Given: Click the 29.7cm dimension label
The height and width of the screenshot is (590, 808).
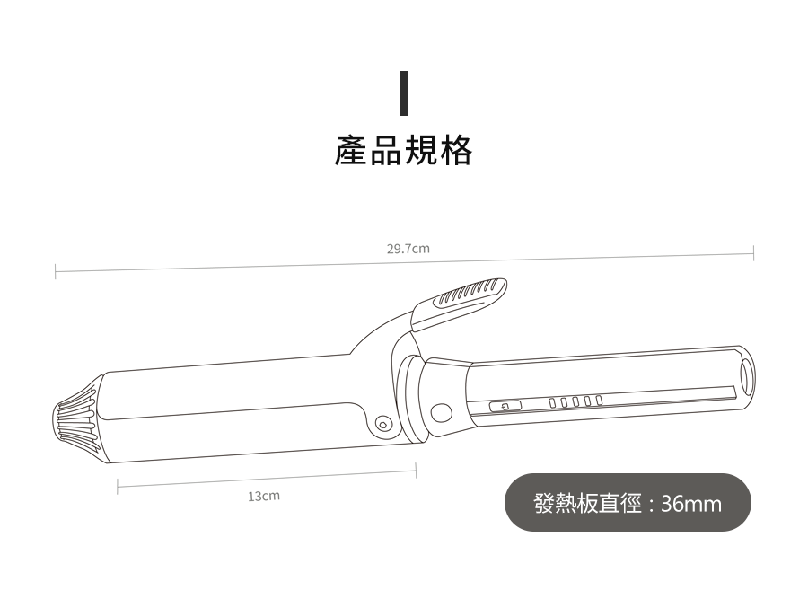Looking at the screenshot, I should tap(408, 249).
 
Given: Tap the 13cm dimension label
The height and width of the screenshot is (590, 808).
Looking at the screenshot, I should tap(264, 496).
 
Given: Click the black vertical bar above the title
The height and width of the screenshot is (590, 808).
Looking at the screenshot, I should tap(404, 92).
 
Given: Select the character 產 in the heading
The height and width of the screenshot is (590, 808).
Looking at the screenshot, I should tap(351, 152).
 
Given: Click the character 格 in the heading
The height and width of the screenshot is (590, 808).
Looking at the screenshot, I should tap(456, 152).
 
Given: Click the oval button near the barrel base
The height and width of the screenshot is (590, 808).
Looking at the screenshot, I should tap(440, 413).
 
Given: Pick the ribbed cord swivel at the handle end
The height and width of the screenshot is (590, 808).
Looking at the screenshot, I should tap(73, 420).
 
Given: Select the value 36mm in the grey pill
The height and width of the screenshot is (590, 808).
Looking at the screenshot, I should tap(691, 504).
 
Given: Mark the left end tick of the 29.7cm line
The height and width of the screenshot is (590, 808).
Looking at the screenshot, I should tap(56, 270).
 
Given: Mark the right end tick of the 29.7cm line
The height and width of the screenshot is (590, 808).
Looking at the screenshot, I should tap(753, 254).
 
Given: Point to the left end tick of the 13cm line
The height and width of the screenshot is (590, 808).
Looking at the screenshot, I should tap(118, 488).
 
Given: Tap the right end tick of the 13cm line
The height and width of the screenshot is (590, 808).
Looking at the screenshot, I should tap(416, 470).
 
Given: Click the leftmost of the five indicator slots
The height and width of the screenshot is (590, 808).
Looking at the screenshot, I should tap(555, 402).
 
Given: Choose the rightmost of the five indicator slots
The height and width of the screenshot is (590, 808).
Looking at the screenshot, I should tap(598, 400).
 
